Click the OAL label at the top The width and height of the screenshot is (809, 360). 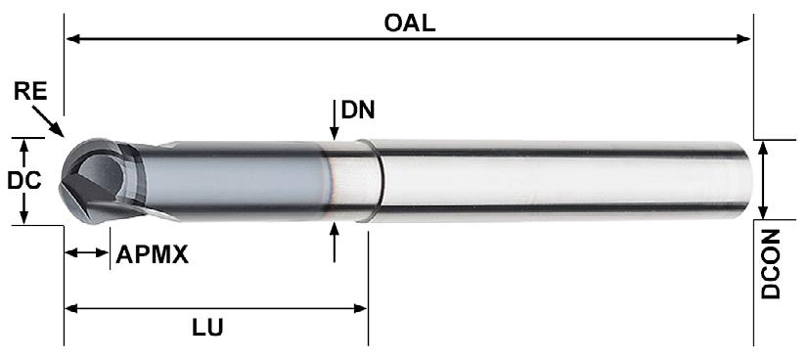click(410, 23)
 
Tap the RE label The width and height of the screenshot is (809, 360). click(30, 92)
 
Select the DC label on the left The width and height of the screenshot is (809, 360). click(24, 181)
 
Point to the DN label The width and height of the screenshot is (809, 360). click(358, 110)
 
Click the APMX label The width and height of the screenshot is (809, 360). click(153, 254)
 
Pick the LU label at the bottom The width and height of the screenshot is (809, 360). click(208, 328)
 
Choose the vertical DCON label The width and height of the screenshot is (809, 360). click(771, 264)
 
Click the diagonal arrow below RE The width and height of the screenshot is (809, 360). click(49, 121)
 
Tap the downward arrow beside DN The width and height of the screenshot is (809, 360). click(335, 120)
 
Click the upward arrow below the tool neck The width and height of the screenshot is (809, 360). click(335, 242)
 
